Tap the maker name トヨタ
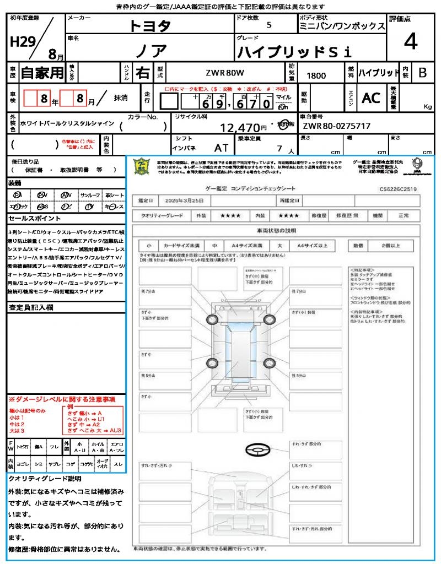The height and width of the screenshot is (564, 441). (x=150, y=26)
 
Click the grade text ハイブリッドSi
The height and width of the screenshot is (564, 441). (x=294, y=52)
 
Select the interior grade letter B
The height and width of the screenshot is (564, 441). (x=422, y=72)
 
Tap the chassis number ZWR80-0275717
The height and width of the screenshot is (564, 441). (x=336, y=126)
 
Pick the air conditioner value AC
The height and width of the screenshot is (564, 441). (x=370, y=98)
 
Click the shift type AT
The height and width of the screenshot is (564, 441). (x=221, y=148)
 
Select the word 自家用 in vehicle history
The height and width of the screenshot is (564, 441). (x=42, y=72)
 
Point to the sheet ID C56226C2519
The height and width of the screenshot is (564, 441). (x=398, y=189)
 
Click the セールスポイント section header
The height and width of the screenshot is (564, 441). (x=29, y=218)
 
